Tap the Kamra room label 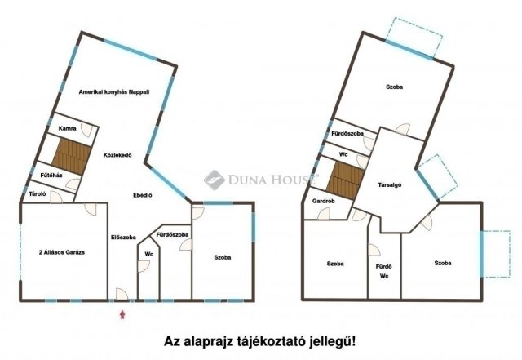click(x=68, y=129)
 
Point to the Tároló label click(x=36, y=194)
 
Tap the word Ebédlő click(x=144, y=195)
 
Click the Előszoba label click(x=123, y=238)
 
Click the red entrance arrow click(x=122, y=313)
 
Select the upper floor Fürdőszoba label click(x=347, y=133)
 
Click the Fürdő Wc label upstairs click(x=383, y=269)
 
